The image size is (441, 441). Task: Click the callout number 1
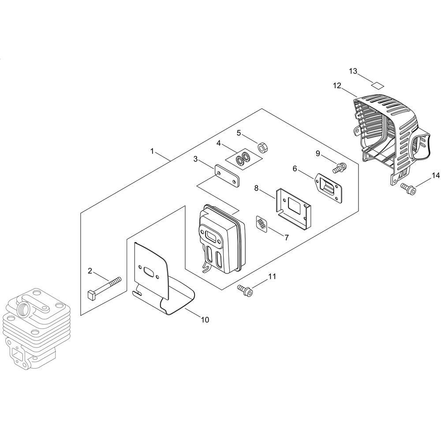click(152, 151)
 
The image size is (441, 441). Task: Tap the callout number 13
click(353, 71)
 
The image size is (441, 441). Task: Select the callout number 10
click(205, 319)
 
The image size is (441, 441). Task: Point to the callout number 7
click(287, 238)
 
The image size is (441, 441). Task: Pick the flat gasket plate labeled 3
click(227, 176)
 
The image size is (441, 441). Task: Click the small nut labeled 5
click(262, 147)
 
